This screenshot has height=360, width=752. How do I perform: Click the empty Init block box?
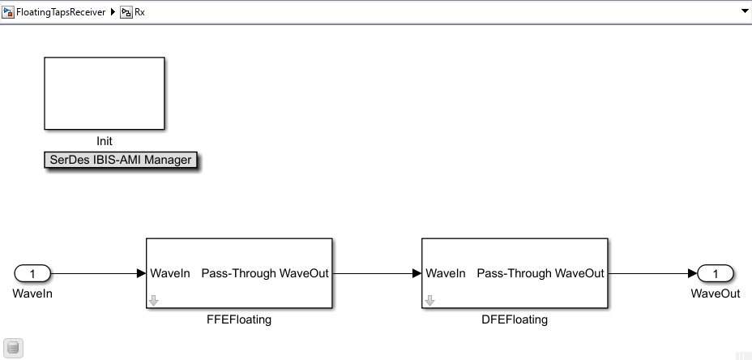point(104,93)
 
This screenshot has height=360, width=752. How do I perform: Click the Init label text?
point(104,141)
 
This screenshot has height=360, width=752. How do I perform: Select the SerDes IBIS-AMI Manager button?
point(121,160)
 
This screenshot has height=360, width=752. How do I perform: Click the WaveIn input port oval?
point(32,273)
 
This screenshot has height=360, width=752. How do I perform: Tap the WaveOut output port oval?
point(715,273)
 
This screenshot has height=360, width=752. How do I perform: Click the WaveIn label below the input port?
point(32,294)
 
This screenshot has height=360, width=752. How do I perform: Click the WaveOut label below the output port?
point(715,294)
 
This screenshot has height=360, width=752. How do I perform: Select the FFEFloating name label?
point(239,319)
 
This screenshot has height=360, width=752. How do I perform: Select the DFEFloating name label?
point(515,319)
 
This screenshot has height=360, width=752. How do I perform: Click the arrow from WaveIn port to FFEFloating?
point(97,273)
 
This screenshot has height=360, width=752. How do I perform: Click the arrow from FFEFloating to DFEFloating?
point(377,273)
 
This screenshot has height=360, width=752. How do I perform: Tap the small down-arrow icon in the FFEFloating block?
point(154,301)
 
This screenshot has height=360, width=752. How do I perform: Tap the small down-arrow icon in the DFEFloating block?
point(429,301)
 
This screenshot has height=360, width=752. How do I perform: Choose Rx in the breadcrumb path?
point(139,12)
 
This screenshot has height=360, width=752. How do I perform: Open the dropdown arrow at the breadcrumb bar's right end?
point(744,12)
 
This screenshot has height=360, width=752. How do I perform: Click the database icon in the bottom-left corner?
point(13,348)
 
